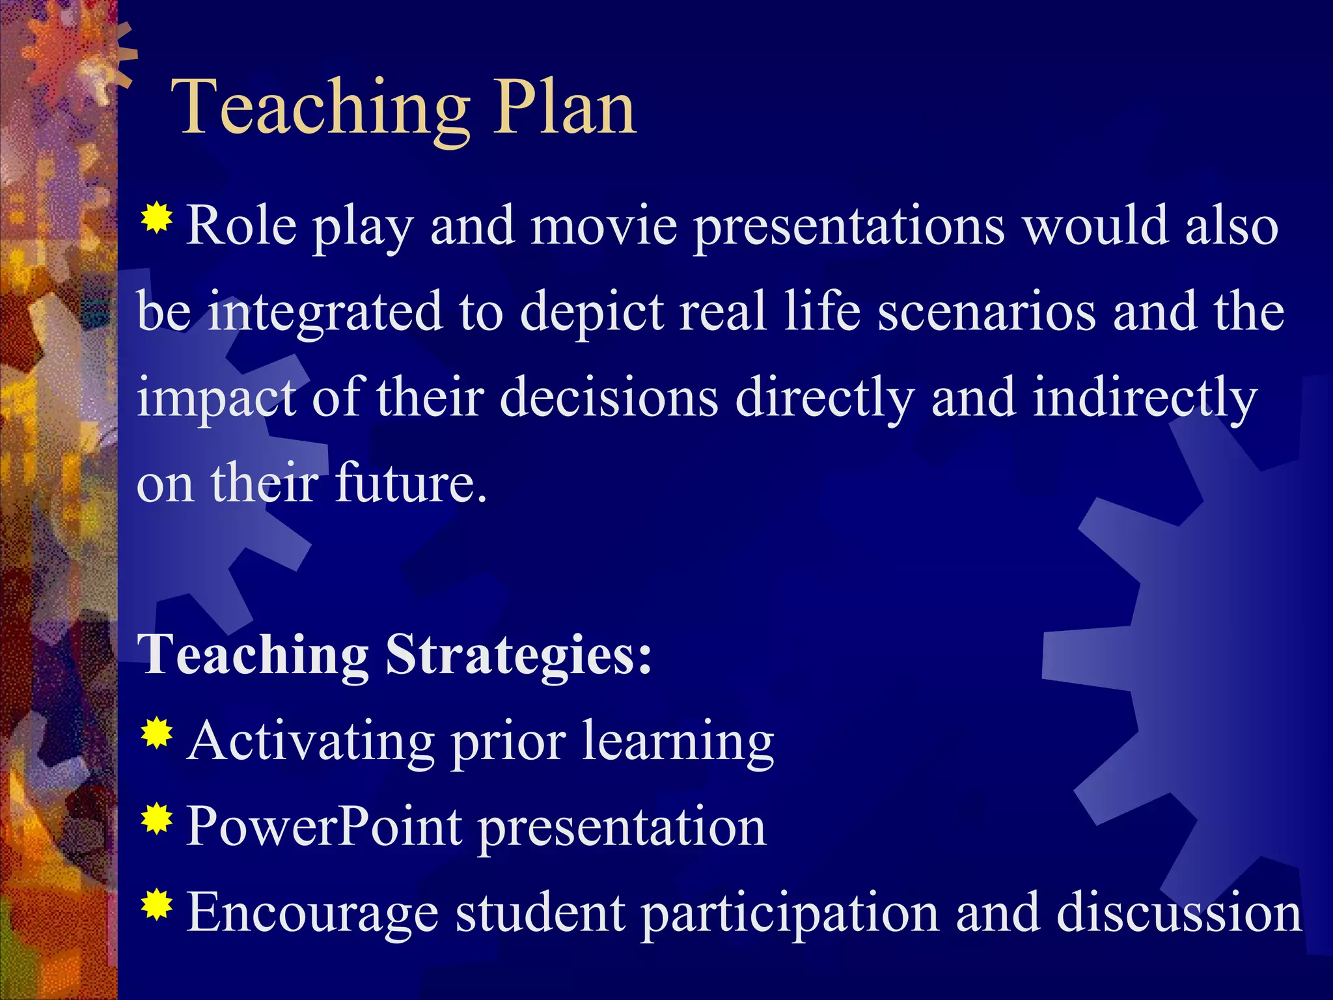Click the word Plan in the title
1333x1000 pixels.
564,107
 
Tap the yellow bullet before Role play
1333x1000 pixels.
156,219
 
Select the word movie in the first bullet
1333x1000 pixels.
603,226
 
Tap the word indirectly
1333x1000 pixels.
1145,398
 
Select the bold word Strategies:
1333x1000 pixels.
518,655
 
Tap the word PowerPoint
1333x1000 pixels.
324,827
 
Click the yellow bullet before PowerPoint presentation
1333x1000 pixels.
156,820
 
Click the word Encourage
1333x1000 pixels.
312,913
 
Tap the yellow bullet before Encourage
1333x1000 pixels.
156,905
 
